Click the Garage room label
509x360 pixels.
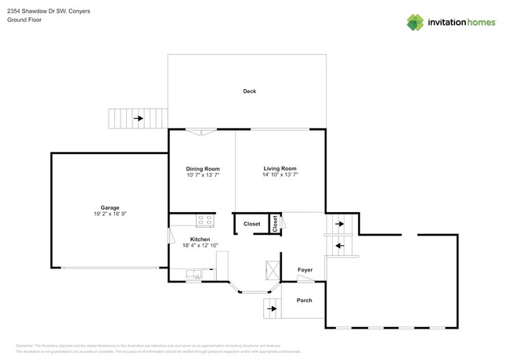pyautogui.click(x=110, y=207)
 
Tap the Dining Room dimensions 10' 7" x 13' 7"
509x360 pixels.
pyautogui.click(x=202, y=175)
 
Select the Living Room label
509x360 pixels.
pyautogui.click(x=280, y=168)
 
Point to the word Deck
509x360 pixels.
pyautogui.click(x=249, y=92)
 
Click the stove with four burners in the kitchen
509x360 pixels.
pyautogui.click(x=204, y=221)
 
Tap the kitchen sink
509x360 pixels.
pyautogui.click(x=195, y=274)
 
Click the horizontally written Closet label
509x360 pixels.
pyautogui.click(x=251, y=224)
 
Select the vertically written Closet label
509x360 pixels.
pyautogui.click(x=275, y=223)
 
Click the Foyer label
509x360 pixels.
pyautogui.click(x=305, y=270)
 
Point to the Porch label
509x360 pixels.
pyautogui.click(x=304, y=301)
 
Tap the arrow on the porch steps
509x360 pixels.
pyautogui.click(x=272, y=308)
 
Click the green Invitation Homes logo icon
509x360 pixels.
pyautogui.click(x=415, y=22)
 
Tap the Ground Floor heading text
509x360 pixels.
pyautogui.click(x=24, y=20)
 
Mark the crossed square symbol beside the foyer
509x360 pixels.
pyautogui.click(x=273, y=270)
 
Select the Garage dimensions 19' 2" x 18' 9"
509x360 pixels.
pyautogui.click(x=110, y=214)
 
